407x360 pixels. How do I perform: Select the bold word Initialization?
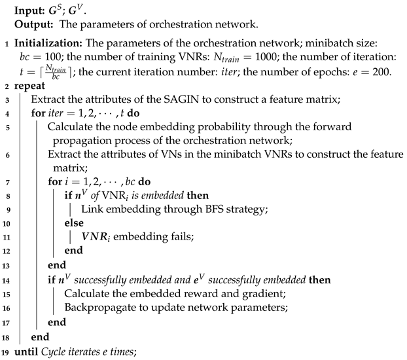(48, 45)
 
